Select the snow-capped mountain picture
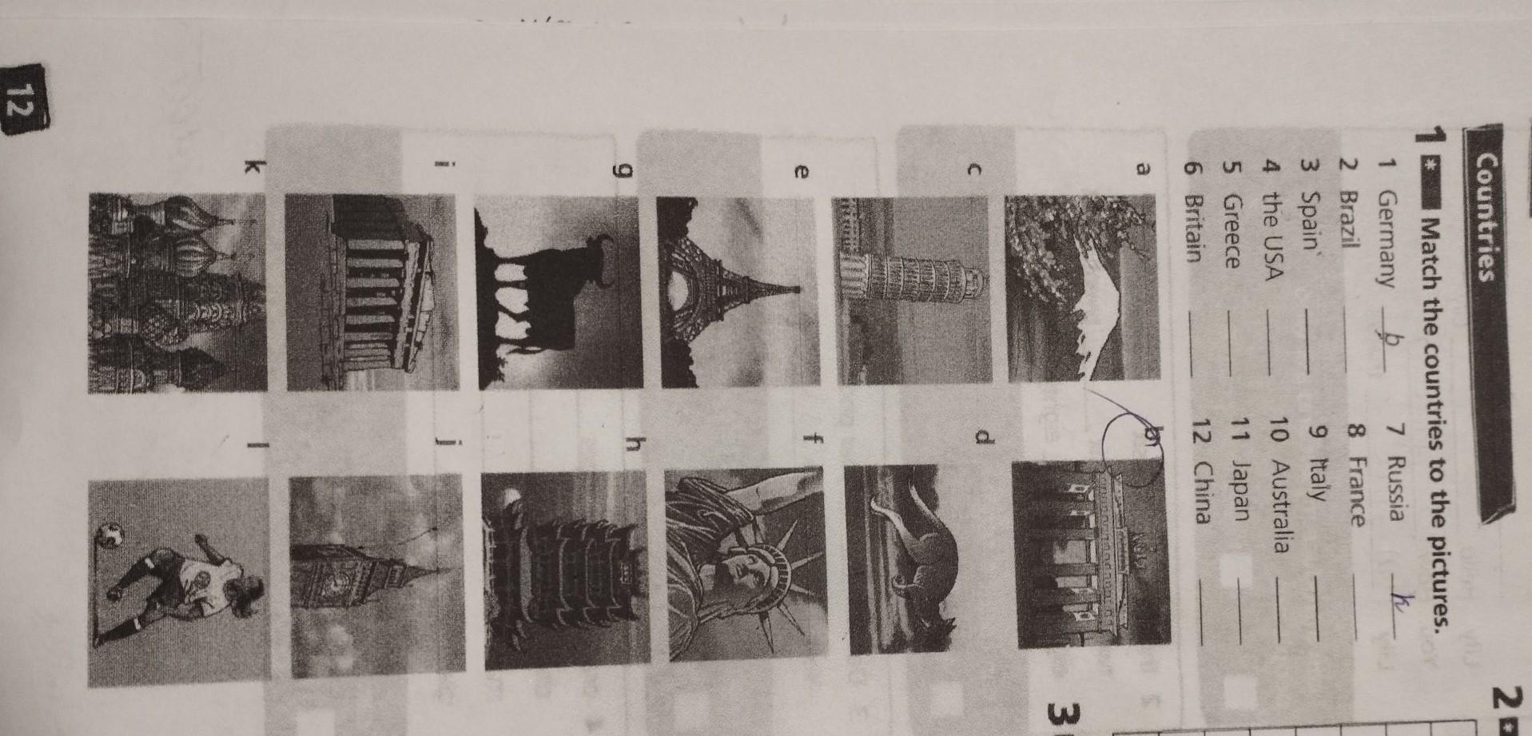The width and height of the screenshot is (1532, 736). point(1083,287)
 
